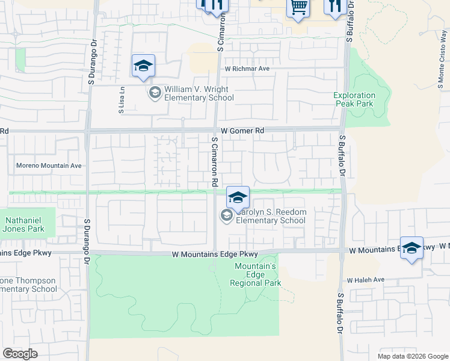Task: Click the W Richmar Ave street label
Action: (247, 69)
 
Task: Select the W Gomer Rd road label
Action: (242, 131)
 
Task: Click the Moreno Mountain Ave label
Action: (48, 165)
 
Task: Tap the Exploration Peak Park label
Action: (355, 99)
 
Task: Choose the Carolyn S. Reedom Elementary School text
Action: (271, 217)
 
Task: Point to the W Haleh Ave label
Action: (365, 280)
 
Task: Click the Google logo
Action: (20, 353)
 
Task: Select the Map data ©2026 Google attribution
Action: (413, 356)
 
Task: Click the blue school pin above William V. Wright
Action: (143, 66)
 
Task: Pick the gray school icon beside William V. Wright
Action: (155, 93)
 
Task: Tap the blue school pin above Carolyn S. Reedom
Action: (238, 197)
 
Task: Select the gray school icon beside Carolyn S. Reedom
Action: (226, 216)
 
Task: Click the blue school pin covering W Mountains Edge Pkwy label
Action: (411, 248)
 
